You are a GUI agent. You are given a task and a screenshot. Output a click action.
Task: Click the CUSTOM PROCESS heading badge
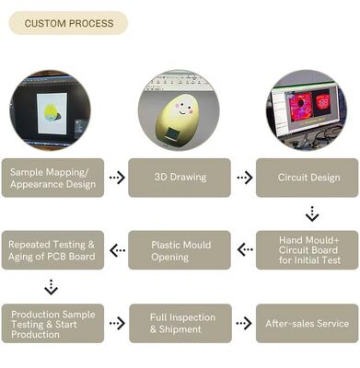tap(67, 23)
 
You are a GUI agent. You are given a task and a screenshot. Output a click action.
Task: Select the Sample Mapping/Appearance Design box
tap(52, 178)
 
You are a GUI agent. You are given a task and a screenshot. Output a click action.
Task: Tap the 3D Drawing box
tap(180, 178)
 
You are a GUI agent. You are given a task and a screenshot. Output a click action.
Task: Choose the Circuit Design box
tap(307, 178)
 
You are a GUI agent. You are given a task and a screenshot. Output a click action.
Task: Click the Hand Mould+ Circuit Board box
tap(307, 249)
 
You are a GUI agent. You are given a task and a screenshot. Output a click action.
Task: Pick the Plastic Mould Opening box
tap(180, 249)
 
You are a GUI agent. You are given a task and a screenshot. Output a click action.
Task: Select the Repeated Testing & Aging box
tap(52, 249)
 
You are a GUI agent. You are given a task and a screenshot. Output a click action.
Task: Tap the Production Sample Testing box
tap(52, 323)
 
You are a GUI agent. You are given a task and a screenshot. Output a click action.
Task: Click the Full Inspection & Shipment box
tap(180, 323)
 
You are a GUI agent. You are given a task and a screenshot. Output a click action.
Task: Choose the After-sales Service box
tap(307, 323)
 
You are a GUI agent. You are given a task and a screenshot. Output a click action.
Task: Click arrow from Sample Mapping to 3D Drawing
tap(116, 178)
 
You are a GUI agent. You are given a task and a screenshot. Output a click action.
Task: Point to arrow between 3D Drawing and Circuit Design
tap(244, 178)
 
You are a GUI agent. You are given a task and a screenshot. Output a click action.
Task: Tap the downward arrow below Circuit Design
tap(312, 213)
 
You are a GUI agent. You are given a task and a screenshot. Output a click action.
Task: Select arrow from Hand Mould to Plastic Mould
tap(244, 249)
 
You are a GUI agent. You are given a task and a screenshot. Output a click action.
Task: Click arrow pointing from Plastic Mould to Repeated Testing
tap(117, 249)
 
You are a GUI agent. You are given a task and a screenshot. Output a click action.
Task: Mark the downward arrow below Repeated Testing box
tap(51, 286)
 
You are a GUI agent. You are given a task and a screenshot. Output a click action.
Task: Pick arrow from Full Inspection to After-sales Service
tap(244, 323)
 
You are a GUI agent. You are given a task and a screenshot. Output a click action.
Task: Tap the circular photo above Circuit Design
tap(308, 108)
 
